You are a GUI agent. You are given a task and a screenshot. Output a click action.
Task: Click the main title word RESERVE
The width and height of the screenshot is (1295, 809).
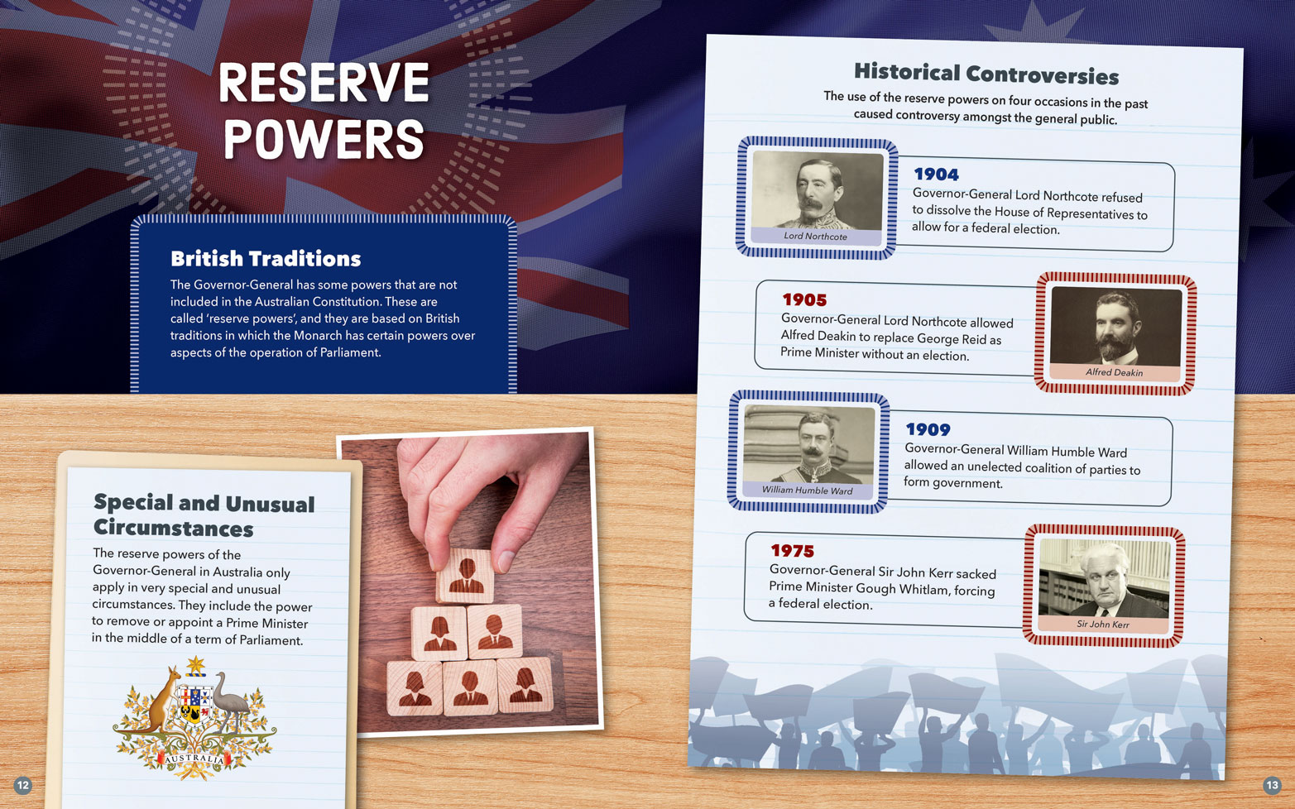pos(324,82)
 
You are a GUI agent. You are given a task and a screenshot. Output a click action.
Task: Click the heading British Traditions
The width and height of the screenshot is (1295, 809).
pos(266,258)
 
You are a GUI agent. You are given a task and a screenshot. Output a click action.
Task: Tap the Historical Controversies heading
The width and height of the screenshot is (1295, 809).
pos(986,74)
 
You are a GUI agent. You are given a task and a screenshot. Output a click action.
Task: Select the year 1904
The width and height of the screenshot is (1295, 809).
pos(936,174)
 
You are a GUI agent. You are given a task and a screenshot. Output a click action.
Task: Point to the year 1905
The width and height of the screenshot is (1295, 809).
pos(804,299)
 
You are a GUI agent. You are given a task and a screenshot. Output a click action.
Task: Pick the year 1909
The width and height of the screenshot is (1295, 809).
pos(928,429)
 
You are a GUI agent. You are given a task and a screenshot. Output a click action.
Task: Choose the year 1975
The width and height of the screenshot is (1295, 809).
pos(792,551)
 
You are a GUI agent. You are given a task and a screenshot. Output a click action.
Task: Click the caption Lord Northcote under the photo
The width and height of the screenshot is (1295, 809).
pos(815,236)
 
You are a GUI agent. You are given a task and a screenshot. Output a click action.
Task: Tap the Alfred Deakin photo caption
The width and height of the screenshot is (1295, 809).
pos(1114,372)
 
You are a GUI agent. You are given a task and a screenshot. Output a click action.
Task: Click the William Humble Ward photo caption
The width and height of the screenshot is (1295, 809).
pos(807,490)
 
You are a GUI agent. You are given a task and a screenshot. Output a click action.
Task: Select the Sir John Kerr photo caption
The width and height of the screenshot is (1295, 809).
pos(1102,624)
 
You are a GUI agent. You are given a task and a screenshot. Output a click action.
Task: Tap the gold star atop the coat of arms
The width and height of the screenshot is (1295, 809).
pos(196,665)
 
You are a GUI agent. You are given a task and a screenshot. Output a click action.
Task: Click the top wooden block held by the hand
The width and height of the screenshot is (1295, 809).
pos(465,576)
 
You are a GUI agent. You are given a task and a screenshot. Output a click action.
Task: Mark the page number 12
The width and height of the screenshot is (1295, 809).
pos(22,785)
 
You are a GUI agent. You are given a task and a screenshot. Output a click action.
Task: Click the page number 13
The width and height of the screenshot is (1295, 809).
pos(1272,785)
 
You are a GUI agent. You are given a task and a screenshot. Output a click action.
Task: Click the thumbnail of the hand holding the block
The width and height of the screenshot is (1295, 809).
pos(469,582)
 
